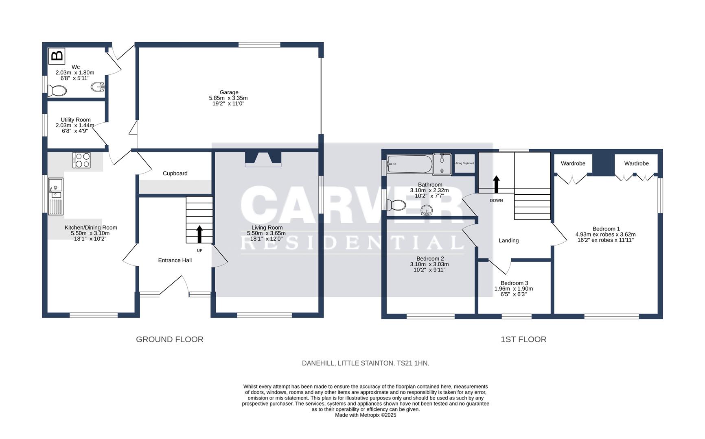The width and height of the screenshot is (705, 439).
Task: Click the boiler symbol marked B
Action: [x=57, y=56]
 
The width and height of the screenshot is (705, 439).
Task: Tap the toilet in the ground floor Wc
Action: [x=57, y=90]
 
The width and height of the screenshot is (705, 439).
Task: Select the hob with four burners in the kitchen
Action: [x=81, y=160]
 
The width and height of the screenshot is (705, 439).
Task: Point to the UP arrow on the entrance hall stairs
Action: [x=199, y=235]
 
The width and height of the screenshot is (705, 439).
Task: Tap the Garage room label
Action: [x=229, y=92]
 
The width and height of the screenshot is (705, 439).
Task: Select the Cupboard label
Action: [x=175, y=173]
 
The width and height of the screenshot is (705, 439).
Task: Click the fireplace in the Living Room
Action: [x=263, y=159]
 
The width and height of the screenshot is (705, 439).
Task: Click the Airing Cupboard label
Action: [x=464, y=163]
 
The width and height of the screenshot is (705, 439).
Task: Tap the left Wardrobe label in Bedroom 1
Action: [x=573, y=163]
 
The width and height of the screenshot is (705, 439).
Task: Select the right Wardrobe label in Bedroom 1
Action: [x=636, y=163]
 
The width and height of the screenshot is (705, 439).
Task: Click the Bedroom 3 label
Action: [x=514, y=283]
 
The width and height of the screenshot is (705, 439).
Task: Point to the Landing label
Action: [x=508, y=240]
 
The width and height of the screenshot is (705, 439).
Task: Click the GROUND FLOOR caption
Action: [x=169, y=339]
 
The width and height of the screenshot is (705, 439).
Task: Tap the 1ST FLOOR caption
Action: [x=523, y=339]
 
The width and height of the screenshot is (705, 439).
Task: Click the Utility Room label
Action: [x=76, y=120]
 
